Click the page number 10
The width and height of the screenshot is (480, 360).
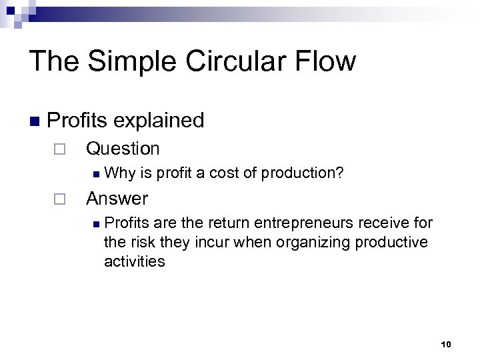point(446,344)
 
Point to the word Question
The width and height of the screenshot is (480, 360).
point(123,148)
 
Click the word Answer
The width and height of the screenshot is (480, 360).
point(117,198)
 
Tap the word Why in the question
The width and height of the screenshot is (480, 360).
point(119,174)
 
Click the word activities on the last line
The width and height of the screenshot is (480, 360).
point(134,261)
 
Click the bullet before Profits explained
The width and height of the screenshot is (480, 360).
point(34,121)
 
